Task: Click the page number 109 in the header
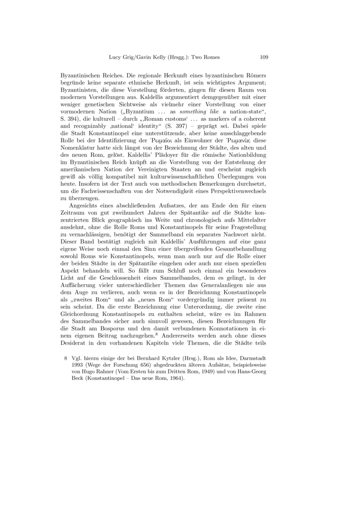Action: coord(264,58)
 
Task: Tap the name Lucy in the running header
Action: coord(116,58)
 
